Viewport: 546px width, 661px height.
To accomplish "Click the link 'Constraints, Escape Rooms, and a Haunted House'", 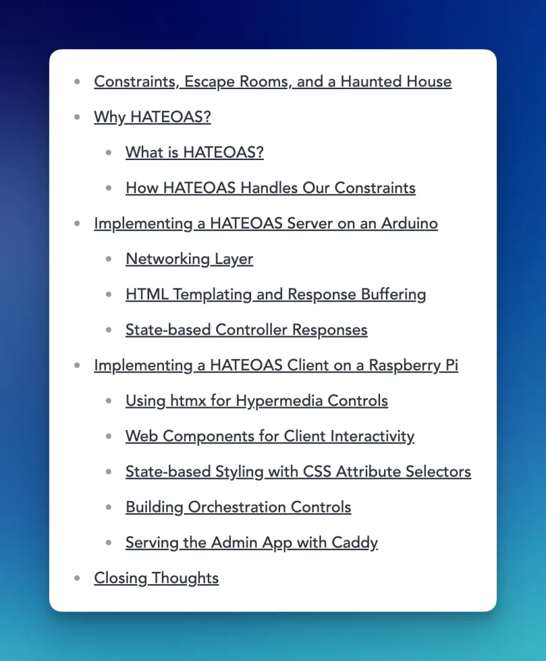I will point(272,82).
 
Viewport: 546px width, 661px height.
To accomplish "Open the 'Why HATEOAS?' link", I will point(152,117).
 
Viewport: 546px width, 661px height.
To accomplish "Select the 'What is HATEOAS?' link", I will point(194,153).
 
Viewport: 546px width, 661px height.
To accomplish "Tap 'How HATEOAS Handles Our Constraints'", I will point(270,188).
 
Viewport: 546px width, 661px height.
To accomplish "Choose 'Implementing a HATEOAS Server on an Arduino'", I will point(266,224).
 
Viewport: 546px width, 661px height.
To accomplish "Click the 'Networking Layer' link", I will point(189,259).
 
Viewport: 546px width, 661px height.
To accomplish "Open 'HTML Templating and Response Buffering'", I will point(276,295).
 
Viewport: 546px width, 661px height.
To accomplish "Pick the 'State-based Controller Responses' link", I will point(247,330).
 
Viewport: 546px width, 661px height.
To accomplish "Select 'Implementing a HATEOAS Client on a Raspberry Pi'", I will point(276,366).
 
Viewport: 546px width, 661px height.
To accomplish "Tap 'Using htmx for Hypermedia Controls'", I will point(257,402).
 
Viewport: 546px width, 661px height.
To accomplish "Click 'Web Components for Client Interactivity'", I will point(270,437).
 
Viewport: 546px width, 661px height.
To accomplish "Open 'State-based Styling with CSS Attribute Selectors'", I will point(298,473).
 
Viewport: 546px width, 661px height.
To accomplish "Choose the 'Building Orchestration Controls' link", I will point(238,508).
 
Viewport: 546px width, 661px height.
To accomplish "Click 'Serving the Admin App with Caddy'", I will point(252,544).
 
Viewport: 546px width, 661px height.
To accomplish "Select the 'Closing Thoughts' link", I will point(156,579).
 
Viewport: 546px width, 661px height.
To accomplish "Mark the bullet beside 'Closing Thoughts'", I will point(77,578).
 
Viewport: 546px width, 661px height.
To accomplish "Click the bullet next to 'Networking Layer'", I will point(109,259).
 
